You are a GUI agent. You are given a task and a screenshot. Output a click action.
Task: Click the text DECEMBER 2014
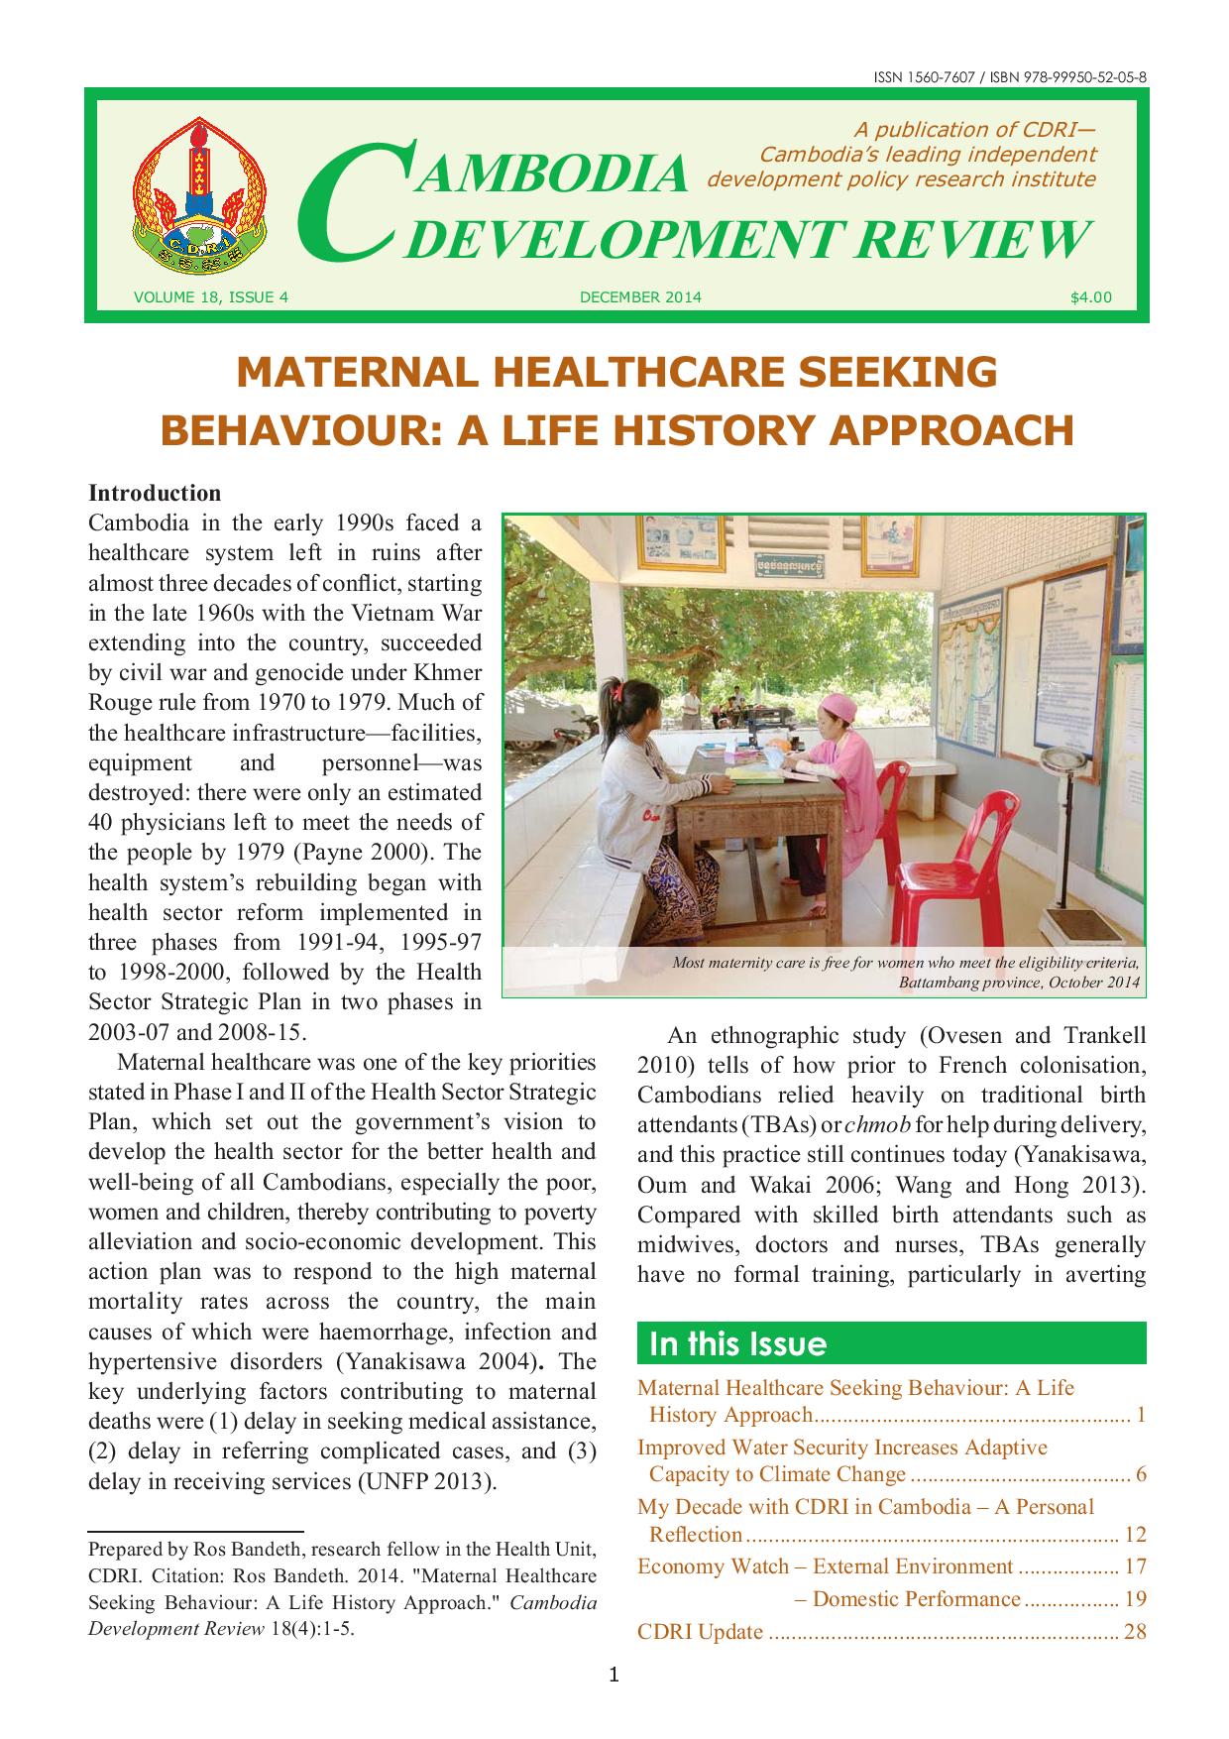640,296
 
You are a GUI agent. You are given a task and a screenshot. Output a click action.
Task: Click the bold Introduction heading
155,493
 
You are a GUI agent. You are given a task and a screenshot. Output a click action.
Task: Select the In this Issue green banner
890,1343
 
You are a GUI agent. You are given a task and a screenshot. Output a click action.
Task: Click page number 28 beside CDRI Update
1135,1631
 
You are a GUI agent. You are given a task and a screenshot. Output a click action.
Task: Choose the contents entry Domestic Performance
916,1598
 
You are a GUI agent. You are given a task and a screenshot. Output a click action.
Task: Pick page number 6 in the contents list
1140,1474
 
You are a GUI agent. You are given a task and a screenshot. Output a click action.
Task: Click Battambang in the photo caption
946,983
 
